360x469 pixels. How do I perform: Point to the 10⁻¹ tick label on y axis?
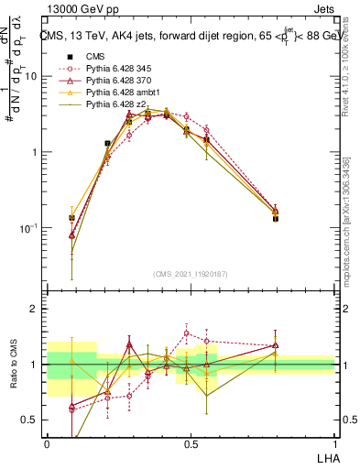pyautogui.click(x=29, y=227)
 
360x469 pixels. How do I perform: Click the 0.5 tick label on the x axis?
pyautogui.click(x=191, y=442)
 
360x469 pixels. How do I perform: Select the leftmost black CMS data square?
pyautogui.click(x=71, y=218)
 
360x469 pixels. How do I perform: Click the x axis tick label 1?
pyautogui.click(x=333, y=442)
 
